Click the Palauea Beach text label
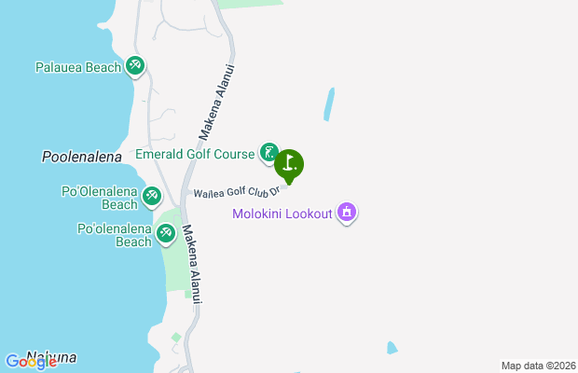click(x=77, y=67)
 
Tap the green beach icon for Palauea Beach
click(x=136, y=66)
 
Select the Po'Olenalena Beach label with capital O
click(x=99, y=198)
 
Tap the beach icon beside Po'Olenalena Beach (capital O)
click(x=152, y=197)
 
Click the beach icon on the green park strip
click(x=167, y=233)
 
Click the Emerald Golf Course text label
click(x=195, y=154)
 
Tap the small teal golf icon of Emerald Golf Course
click(x=268, y=153)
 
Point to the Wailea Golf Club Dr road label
click(x=236, y=193)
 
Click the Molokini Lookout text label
click(x=282, y=214)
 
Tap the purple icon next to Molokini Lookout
click(x=347, y=213)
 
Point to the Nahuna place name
click(x=51, y=357)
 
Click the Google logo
click(x=31, y=362)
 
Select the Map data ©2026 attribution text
click(x=537, y=366)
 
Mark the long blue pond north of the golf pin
click(x=329, y=105)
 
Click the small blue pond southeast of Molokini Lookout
click(x=392, y=348)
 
